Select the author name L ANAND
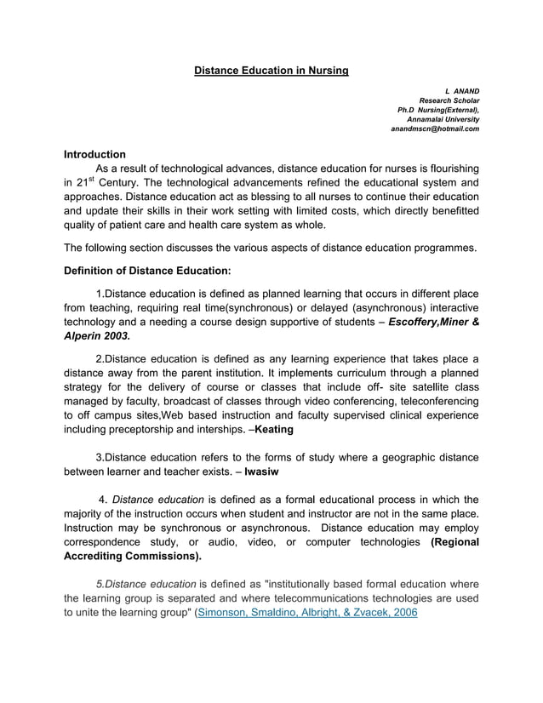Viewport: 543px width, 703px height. (462, 89)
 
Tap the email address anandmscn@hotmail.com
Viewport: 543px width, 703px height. (435, 129)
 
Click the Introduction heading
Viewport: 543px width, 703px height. (95, 154)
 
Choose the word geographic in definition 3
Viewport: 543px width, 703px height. (397, 455)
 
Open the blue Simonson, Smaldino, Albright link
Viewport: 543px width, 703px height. (306, 611)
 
